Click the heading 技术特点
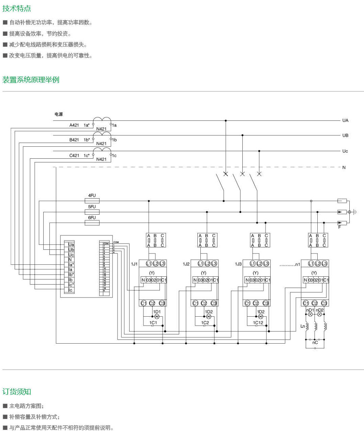pos(17,9)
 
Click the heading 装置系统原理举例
pos(31,80)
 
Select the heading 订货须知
pos(17,392)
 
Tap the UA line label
pos(345,120)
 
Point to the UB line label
pos(345,135)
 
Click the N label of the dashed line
pos(344,168)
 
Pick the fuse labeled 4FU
pos(92,201)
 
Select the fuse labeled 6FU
pos(92,223)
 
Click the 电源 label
pos(59,114)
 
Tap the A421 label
pos(74,125)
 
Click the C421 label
pos(74,156)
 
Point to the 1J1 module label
pos(134,264)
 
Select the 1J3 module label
pos(238,264)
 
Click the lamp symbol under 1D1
pos(157,317)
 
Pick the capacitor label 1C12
pos(258,323)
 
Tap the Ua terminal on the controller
pos(71,245)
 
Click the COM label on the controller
pos(116,242)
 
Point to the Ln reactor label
pos(302,326)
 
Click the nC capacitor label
pos(315,343)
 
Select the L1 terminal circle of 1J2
pos(200,263)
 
